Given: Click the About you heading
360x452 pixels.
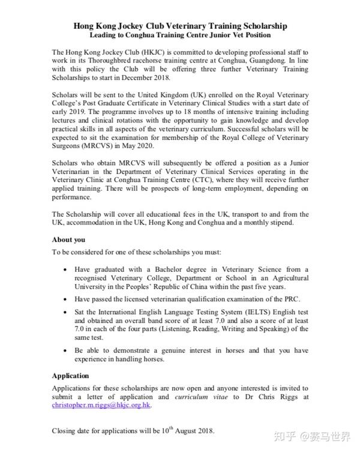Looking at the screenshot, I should coord(68,240).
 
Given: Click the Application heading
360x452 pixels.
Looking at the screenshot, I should coord(70,376).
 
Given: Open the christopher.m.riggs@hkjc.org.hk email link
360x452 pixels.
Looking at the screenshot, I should coord(101,405).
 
